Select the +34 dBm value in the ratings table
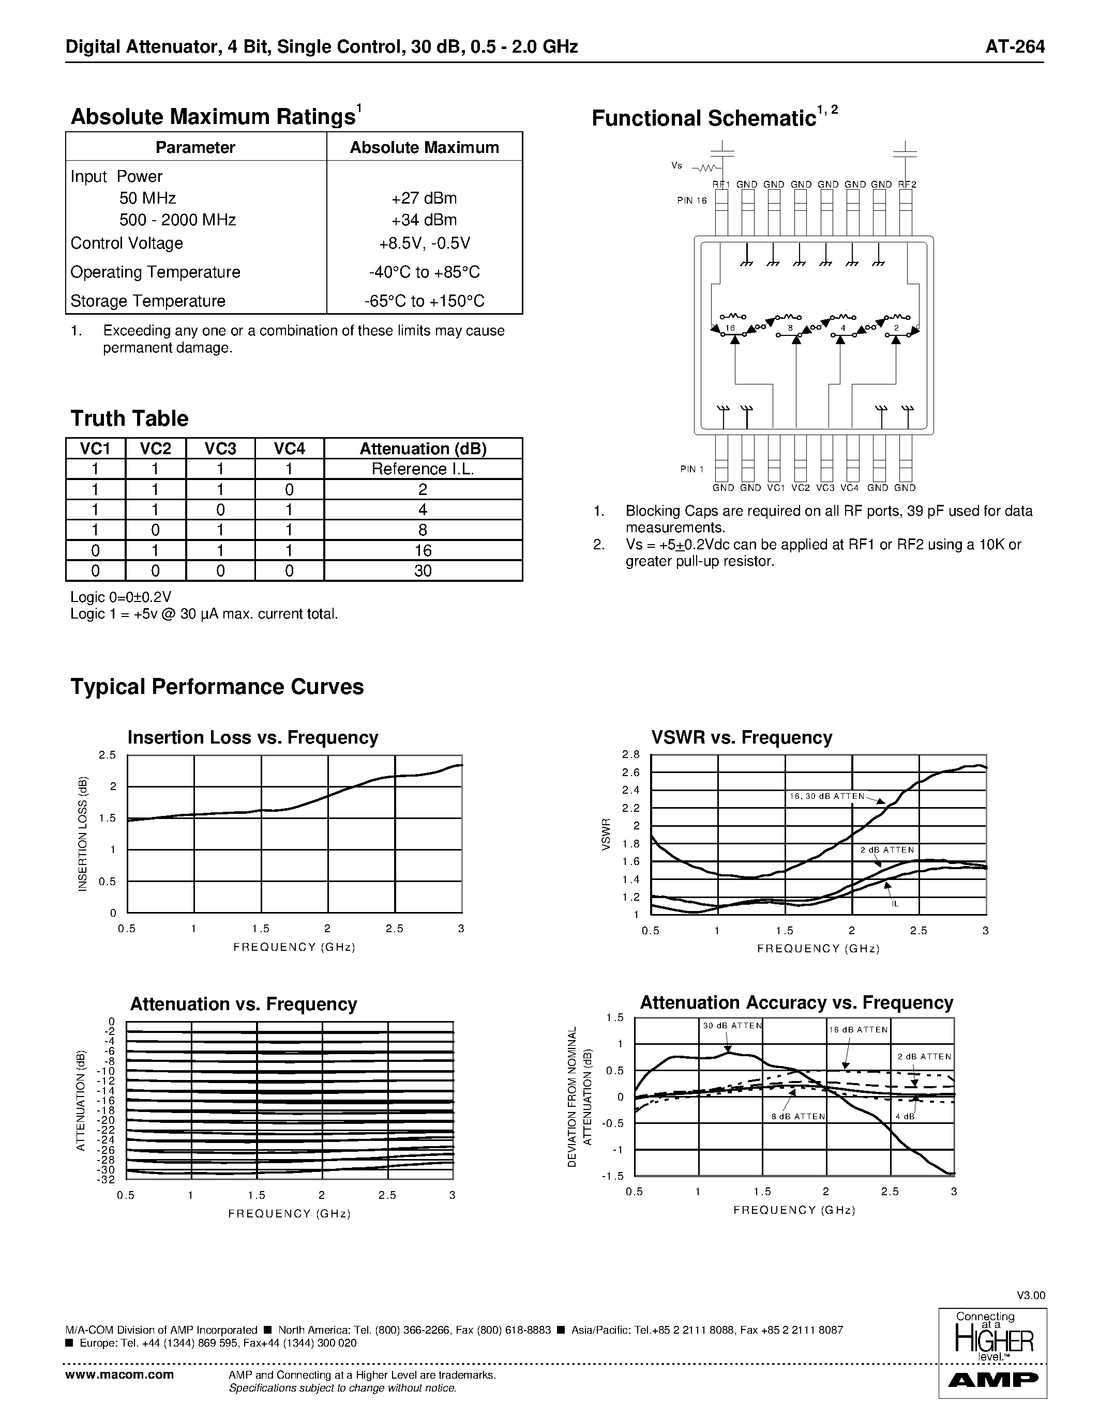pyautogui.click(x=424, y=220)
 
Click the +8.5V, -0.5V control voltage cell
pyautogui.click(x=424, y=243)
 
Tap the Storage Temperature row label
pyautogui.click(x=148, y=301)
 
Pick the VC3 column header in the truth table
pyautogui.click(x=220, y=449)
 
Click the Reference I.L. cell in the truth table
pyautogui.click(x=423, y=469)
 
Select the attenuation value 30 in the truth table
pyautogui.click(x=423, y=570)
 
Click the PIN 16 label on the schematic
pyautogui.click(x=691, y=201)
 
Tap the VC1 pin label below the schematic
pyautogui.click(x=775, y=488)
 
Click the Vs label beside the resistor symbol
pyautogui.click(x=676, y=166)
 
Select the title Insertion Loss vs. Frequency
pyautogui.click(x=252, y=738)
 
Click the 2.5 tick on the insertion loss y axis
pyautogui.click(x=108, y=755)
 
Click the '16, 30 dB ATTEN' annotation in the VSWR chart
pyautogui.click(x=827, y=796)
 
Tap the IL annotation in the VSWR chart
pyautogui.click(x=895, y=904)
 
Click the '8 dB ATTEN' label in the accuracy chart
pyautogui.click(x=798, y=1117)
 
